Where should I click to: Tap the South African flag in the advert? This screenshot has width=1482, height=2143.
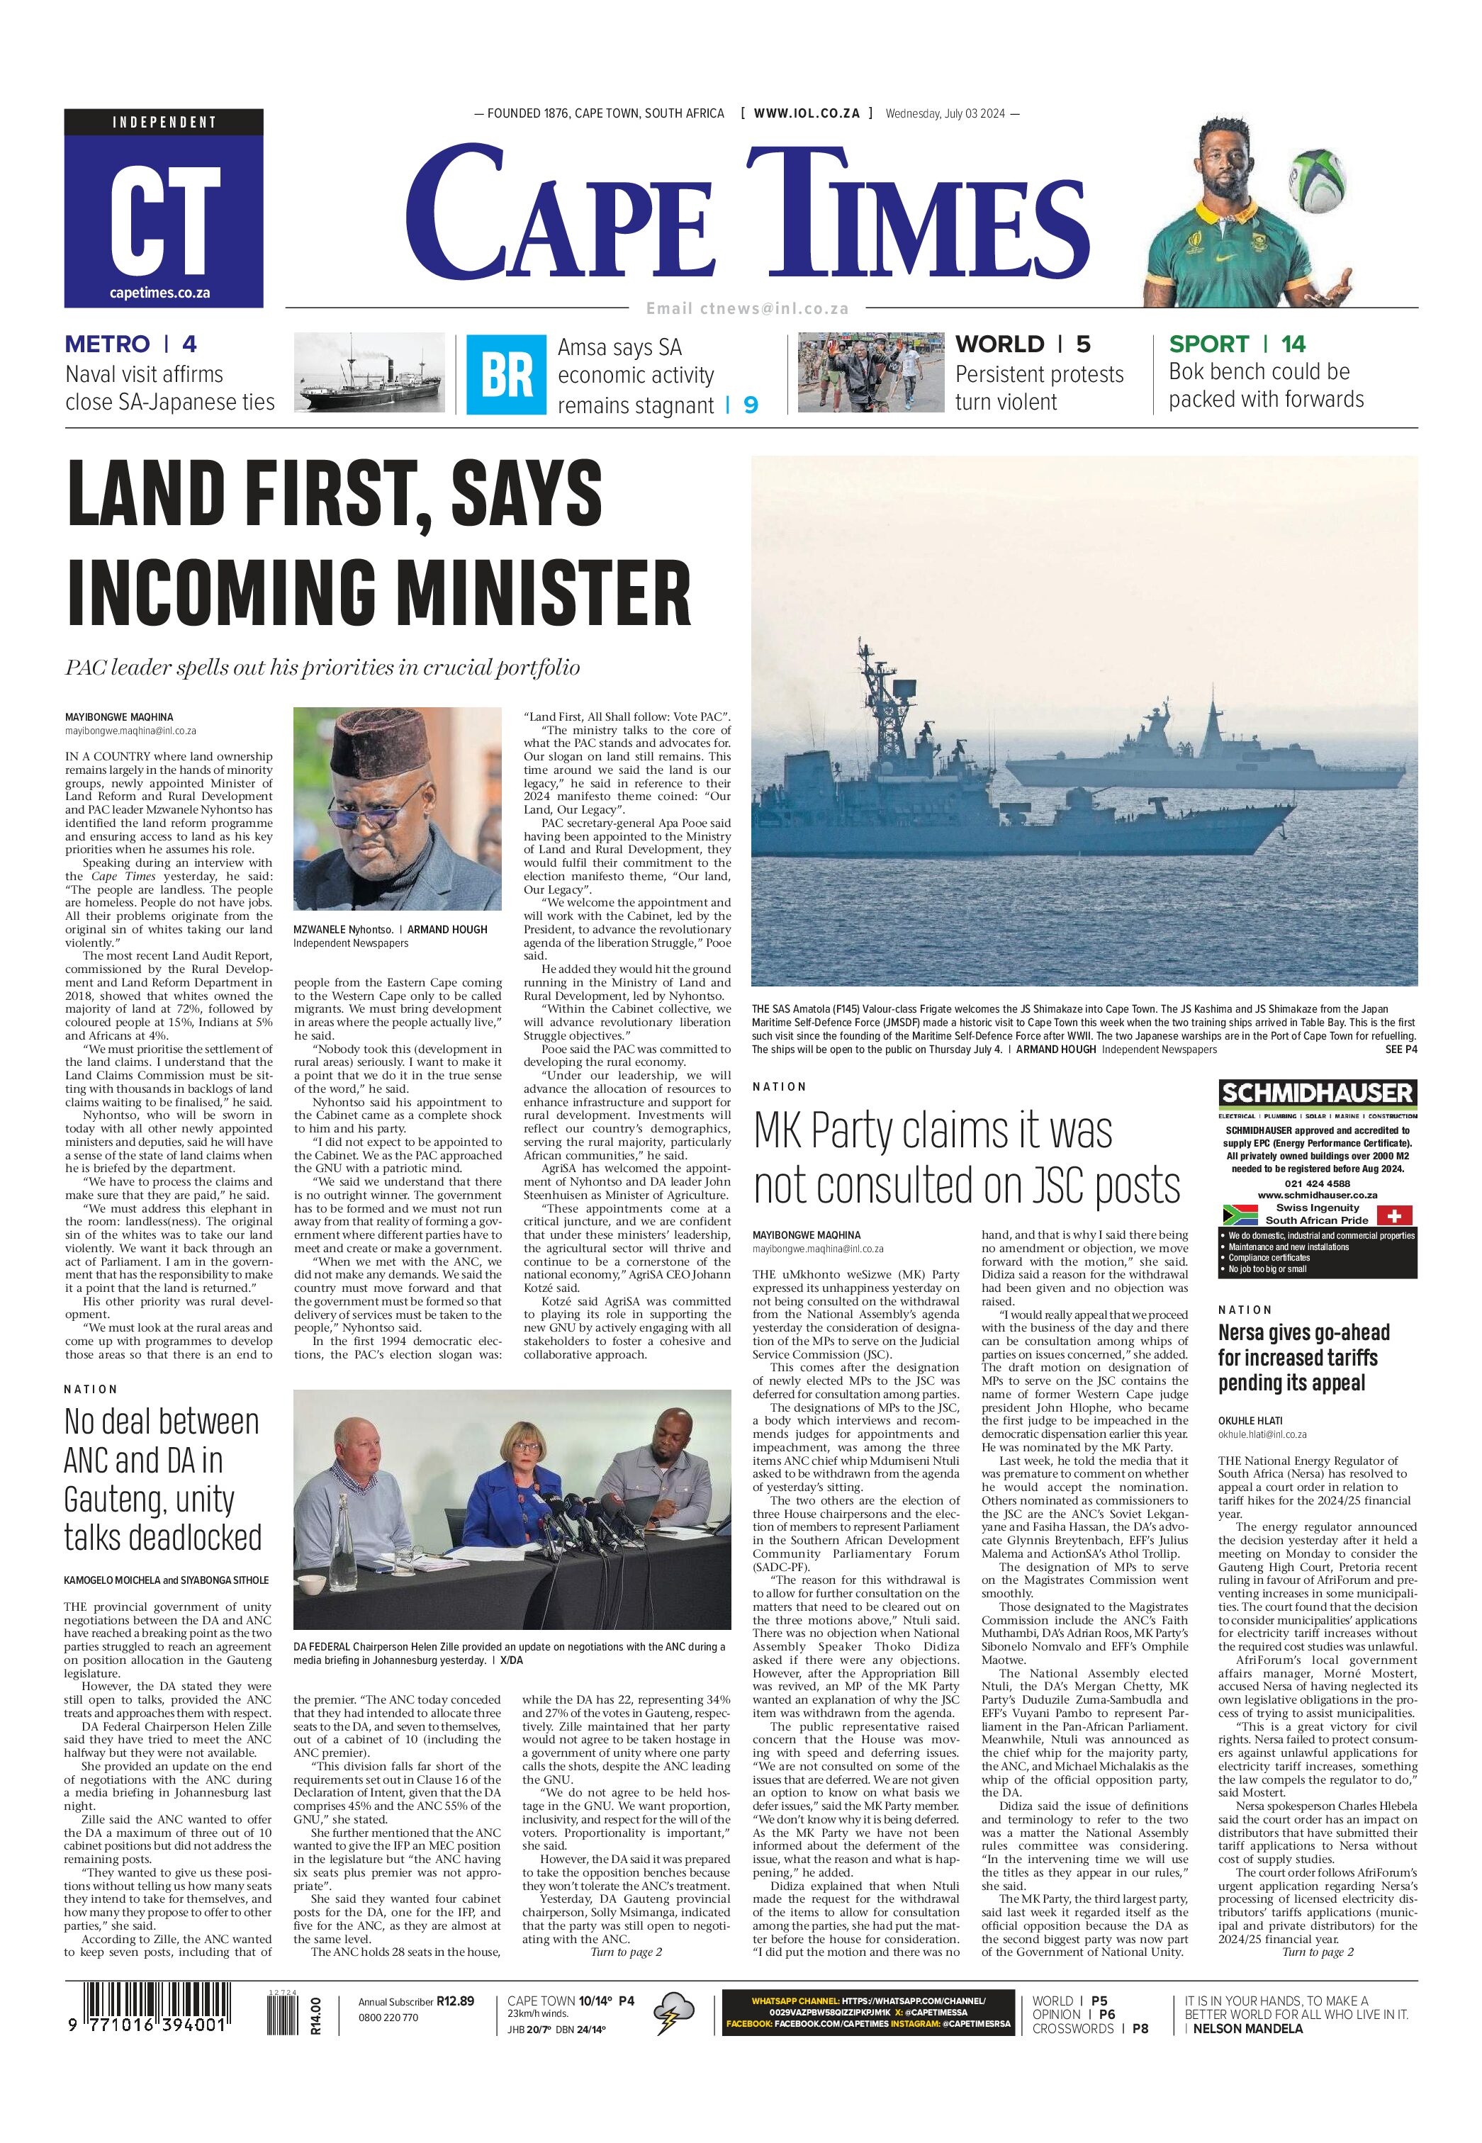[x=1240, y=1215]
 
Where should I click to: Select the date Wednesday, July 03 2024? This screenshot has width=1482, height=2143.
[x=946, y=113]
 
